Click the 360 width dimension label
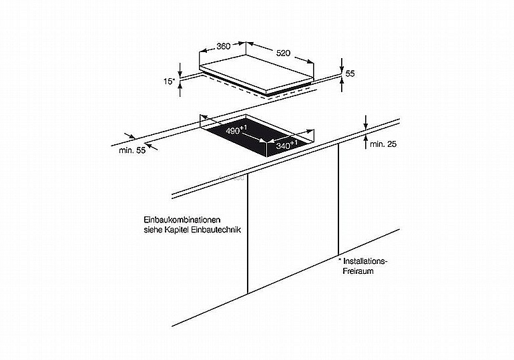224,46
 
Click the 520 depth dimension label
283,53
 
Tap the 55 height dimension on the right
350,73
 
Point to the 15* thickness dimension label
170,81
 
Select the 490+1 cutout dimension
236,130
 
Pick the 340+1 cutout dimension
286,144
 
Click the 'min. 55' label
132,150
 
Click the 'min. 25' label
383,144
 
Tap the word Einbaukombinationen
182,219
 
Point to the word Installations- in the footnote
365,261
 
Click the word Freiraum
358,271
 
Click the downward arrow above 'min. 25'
366,122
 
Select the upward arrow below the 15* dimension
180,89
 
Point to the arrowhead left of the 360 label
203,51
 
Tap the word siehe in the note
153,230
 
